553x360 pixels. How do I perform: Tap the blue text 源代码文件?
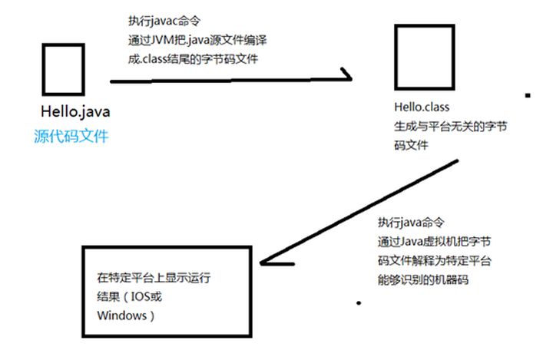pyautogui.click(x=72, y=137)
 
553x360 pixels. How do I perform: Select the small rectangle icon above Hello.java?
pyautogui.click(x=63, y=71)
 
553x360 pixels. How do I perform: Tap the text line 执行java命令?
pyautogui.click(x=410, y=223)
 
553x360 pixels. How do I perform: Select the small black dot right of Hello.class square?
pyautogui.click(x=527, y=97)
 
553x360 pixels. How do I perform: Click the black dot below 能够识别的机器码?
pyautogui.click(x=358, y=304)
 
